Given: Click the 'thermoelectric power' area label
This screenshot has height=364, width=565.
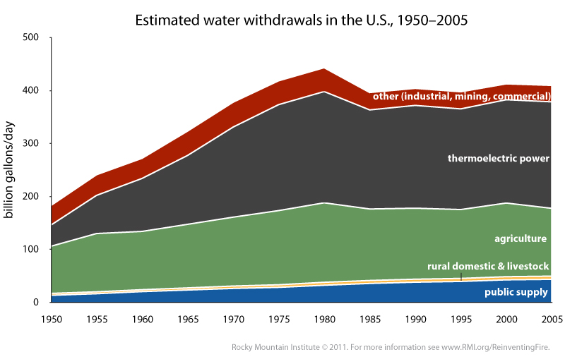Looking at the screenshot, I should pos(498,159).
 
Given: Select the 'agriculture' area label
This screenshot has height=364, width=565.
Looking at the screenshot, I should pos(522,239).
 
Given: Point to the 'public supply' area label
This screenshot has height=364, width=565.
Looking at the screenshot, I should pos(518,291).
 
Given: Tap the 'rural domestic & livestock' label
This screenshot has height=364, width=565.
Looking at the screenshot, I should pos(488,266).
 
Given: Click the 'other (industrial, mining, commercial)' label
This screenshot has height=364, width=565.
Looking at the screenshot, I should pos(462,96).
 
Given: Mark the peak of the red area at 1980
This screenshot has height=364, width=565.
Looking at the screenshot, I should pos(324,70).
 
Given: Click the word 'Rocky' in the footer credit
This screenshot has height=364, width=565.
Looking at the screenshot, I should pos(244,347).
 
